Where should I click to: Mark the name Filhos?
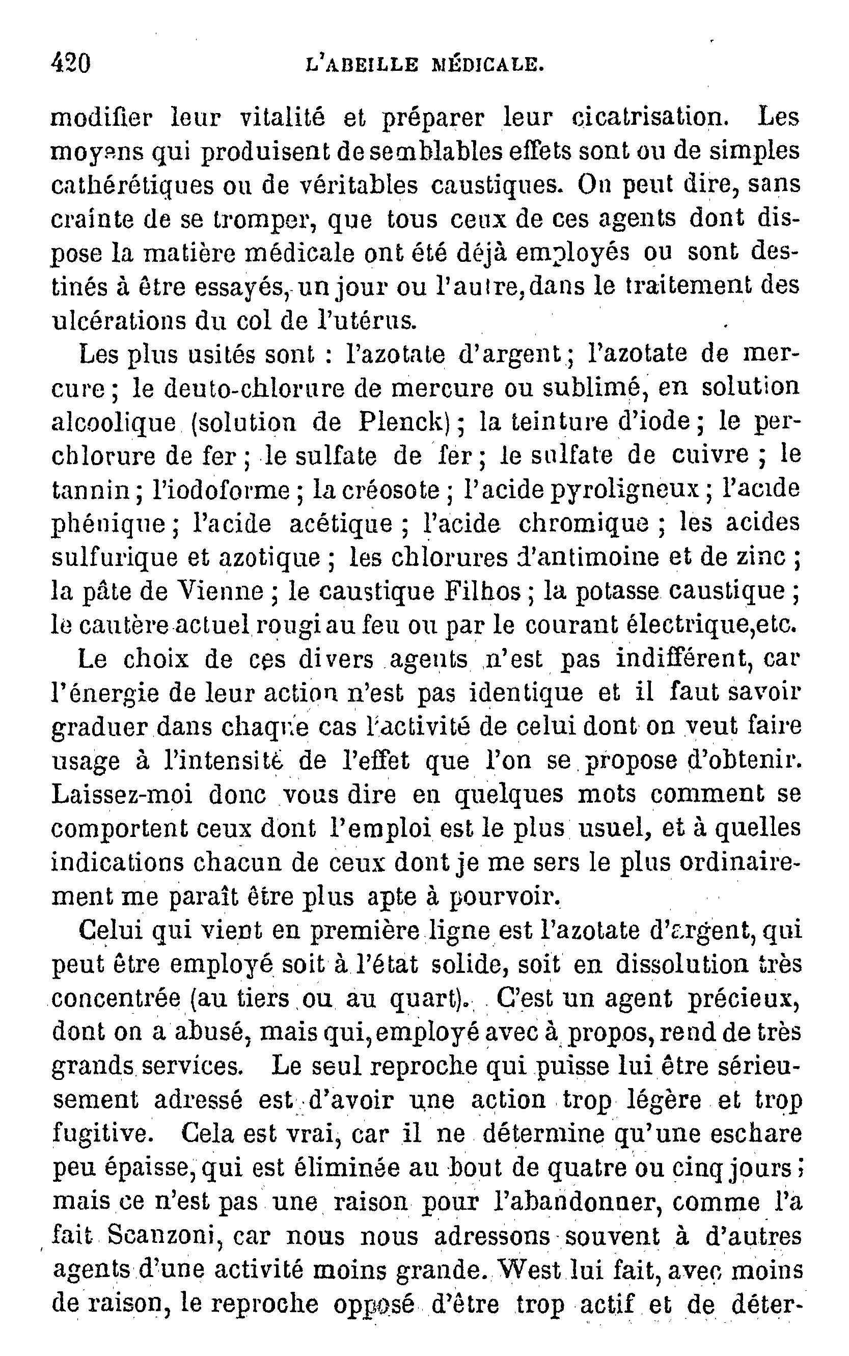click(483, 591)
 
